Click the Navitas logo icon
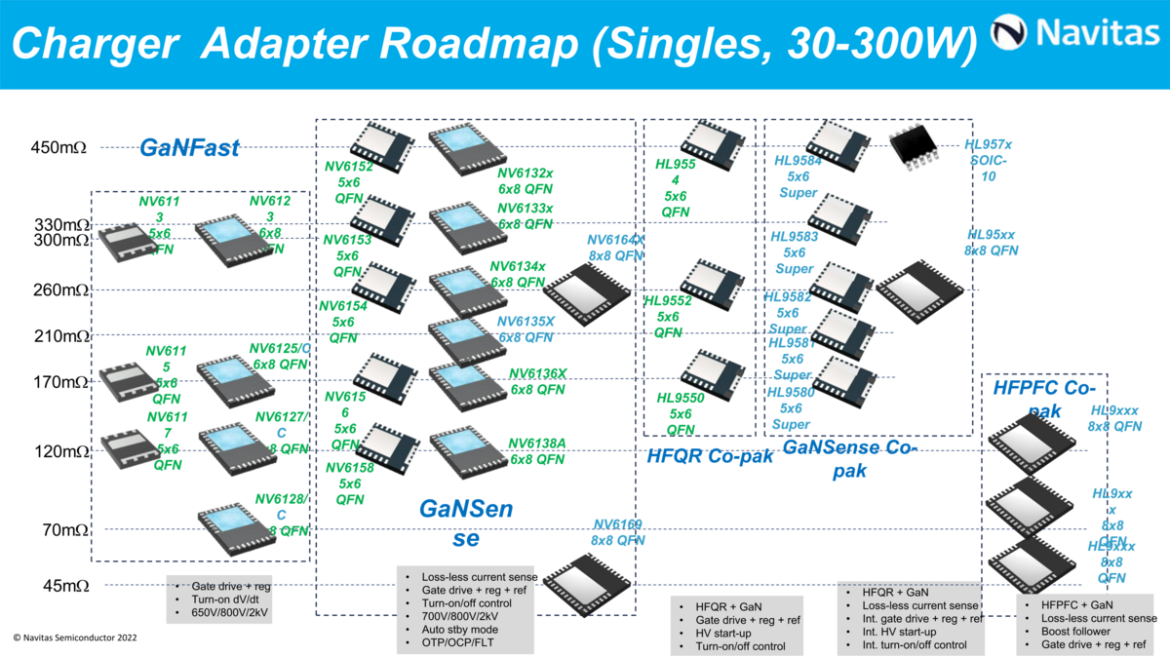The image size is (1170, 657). pyautogui.click(x=1010, y=34)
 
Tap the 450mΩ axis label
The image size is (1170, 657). pyautogui.click(x=59, y=148)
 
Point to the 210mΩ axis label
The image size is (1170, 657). pyautogui.click(x=59, y=336)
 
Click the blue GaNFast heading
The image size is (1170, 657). pyautogui.click(x=189, y=148)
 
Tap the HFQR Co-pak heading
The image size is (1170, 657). pyautogui.click(x=710, y=455)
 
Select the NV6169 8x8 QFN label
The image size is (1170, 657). pyautogui.click(x=618, y=532)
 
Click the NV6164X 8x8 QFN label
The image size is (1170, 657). pyautogui.click(x=615, y=248)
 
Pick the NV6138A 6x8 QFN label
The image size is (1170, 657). pyautogui.click(x=537, y=451)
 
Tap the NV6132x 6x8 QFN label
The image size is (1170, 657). pyautogui.click(x=526, y=180)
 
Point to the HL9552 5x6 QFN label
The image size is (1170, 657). pyautogui.click(x=668, y=317)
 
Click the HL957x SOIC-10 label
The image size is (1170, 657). pyautogui.click(x=988, y=160)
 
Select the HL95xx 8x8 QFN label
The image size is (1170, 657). pyautogui.click(x=991, y=242)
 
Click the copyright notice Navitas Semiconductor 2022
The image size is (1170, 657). pyautogui.click(x=75, y=637)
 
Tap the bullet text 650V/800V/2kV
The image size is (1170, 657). pyautogui.click(x=230, y=614)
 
